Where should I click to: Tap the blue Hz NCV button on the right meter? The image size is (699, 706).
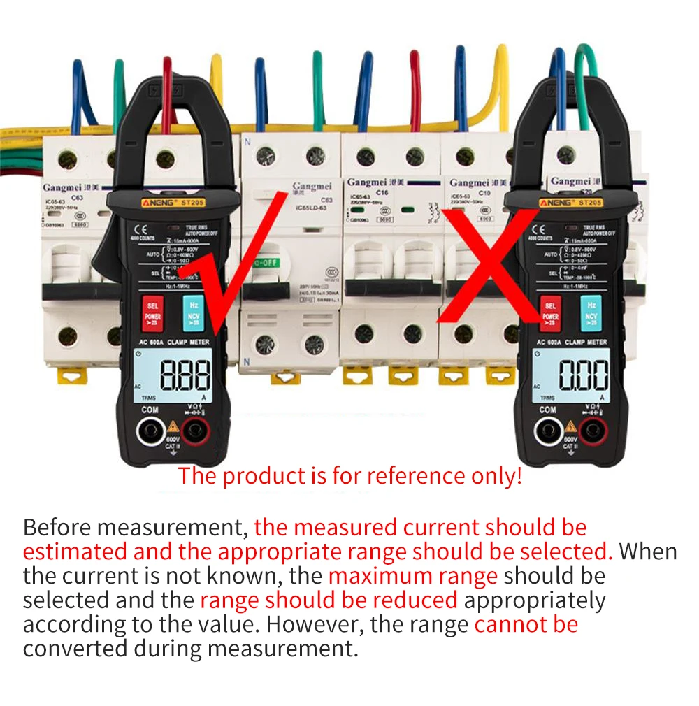[x=591, y=312]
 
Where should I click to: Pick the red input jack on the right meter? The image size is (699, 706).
[x=593, y=431]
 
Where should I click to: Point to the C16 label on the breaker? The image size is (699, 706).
[x=382, y=192]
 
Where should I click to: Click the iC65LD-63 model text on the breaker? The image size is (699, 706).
[x=312, y=208]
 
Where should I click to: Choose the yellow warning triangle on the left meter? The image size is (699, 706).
[x=173, y=426]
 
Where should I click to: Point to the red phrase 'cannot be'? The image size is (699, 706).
[x=526, y=623]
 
